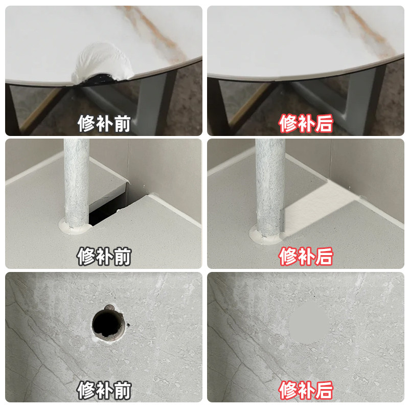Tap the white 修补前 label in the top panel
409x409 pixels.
(104, 124)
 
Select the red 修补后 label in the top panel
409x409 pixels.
(306, 124)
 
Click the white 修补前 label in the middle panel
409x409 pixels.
(104, 257)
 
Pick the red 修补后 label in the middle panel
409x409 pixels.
(306, 257)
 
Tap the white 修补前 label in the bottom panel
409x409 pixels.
(104, 390)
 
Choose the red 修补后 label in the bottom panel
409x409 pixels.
(306, 390)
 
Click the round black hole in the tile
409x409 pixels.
(106, 324)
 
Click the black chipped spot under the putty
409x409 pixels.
(99, 79)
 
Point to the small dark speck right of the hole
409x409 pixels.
(128, 325)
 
